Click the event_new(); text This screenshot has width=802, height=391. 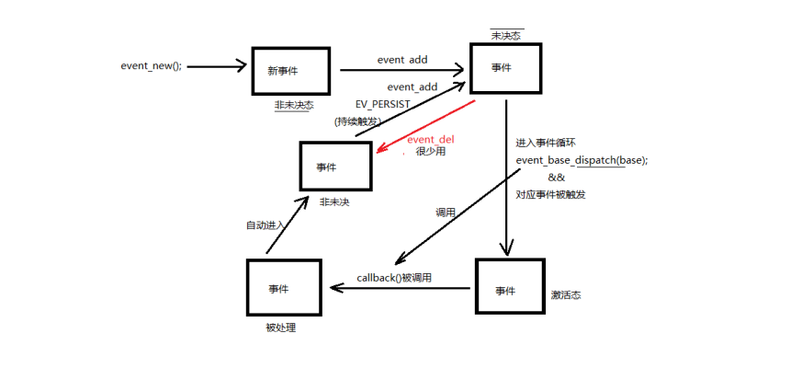[152, 66]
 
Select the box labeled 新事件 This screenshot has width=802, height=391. [288, 70]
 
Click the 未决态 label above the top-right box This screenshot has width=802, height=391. [507, 35]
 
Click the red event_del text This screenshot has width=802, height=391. [430, 139]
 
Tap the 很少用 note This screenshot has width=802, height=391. [431, 151]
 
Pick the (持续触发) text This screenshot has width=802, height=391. [357, 121]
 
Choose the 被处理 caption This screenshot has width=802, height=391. [281, 327]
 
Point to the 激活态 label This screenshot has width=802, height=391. [566, 295]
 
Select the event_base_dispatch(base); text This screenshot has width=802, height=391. [582, 160]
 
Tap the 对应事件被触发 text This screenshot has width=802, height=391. [551, 194]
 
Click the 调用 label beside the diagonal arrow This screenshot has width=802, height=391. [446, 213]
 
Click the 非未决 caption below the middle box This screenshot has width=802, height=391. [334, 201]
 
